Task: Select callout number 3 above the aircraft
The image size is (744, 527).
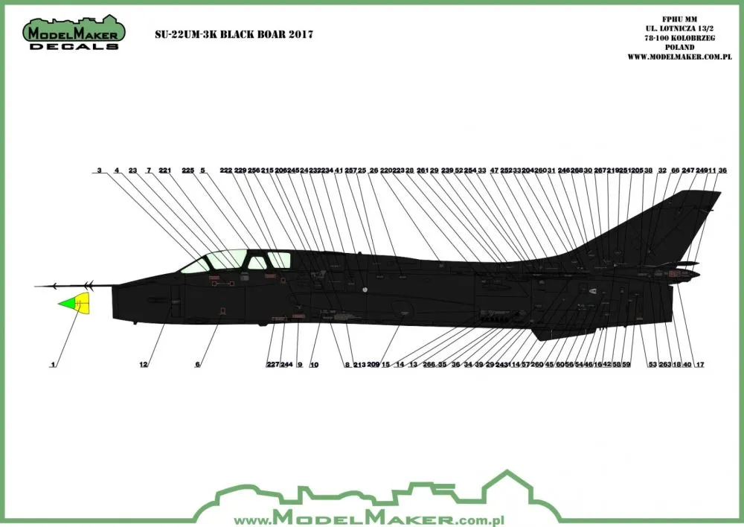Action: point(99,170)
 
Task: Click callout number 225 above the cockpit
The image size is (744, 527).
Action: point(187,170)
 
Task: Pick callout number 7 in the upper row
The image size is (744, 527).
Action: point(149,170)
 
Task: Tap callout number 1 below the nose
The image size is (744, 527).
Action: point(53,365)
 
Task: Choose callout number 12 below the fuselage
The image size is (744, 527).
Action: point(144,365)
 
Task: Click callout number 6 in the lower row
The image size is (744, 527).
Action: point(198,365)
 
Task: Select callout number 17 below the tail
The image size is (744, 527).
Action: point(700,365)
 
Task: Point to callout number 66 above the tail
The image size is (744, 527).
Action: point(675,170)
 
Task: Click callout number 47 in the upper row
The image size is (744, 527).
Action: point(495,170)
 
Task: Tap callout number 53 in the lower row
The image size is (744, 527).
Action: point(652,365)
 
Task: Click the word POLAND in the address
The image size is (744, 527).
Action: point(687,47)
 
